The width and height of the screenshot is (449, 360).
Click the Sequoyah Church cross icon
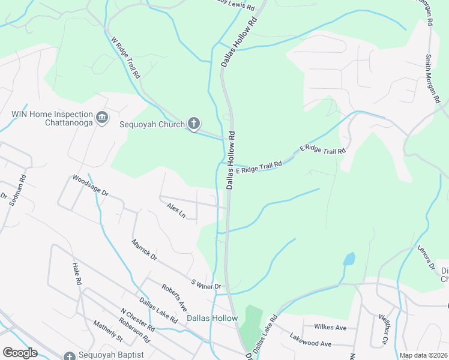pyautogui.click(x=193, y=124)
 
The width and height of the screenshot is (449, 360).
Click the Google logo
pyautogui.click(x=20, y=353)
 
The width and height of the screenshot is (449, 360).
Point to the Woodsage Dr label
pyautogui.click(x=90, y=185)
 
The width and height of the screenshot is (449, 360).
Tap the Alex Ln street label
pyautogui.click(x=176, y=211)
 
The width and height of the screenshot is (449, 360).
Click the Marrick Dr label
pyautogui.click(x=144, y=250)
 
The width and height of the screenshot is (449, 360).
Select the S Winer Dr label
pyautogui.click(x=206, y=283)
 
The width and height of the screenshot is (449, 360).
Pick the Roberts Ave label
pyautogui.click(x=173, y=297)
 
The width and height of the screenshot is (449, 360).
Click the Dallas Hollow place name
pyautogui.click(x=212, y=318)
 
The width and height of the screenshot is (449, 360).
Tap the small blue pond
pyautogui.click(x=349, y=259)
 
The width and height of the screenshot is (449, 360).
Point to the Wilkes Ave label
pyautogui.click(x=331, y=328)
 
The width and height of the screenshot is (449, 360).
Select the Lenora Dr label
pyautogui.click(x=426, y=257)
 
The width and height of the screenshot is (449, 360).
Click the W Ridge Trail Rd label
pyautogui.click(x=125, y=58)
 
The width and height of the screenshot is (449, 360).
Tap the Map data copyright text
pyautogui.click(x=424, y=355)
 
